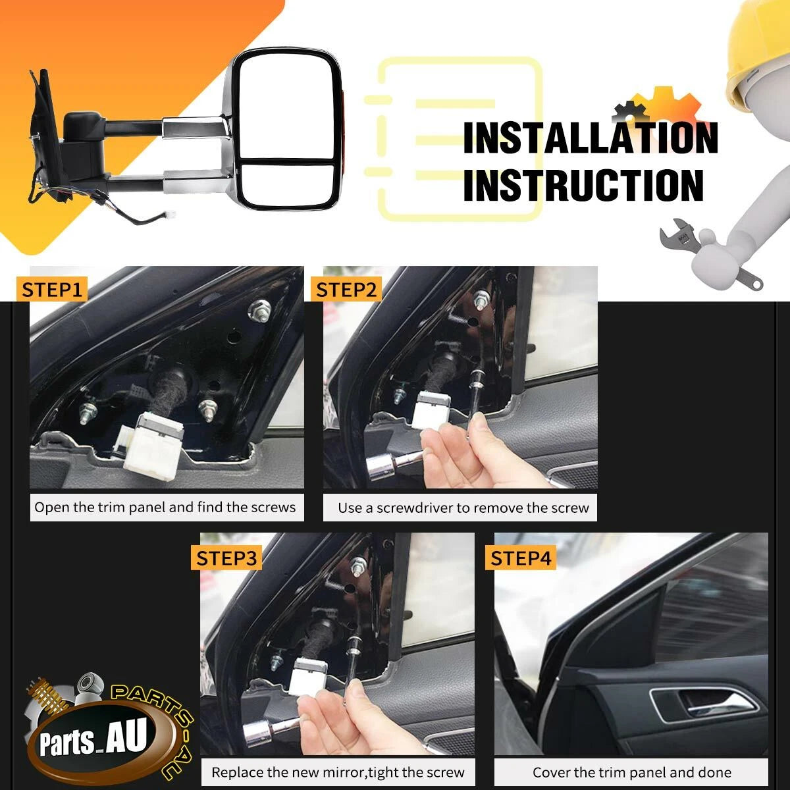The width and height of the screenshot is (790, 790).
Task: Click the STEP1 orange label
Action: (51, 290)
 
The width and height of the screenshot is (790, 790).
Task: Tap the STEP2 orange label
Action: (346, 290)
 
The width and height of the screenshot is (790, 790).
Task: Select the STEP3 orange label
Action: (226, 558)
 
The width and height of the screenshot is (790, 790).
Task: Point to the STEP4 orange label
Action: (521, 558)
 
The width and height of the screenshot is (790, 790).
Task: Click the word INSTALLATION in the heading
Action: (591, 138)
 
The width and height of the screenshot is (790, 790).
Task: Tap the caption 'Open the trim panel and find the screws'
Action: (165, 508)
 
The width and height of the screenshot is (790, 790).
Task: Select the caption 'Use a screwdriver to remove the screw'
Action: (463, 508)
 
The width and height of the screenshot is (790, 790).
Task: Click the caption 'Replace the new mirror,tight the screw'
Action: (338, 772)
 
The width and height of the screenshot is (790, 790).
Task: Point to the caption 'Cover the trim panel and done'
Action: (632, 772)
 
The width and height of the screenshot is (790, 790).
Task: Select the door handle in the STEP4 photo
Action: (704, 706)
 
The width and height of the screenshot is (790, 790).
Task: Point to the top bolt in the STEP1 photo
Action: (259, 310)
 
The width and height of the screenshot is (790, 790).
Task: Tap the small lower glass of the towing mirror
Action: (289, 184)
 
